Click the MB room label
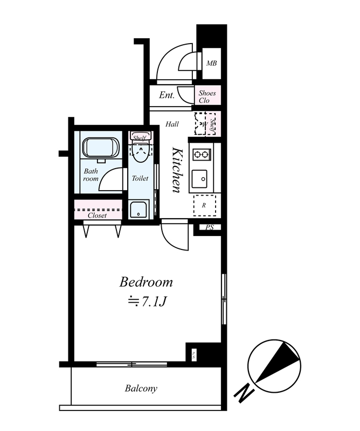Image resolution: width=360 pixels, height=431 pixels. click(211, 63)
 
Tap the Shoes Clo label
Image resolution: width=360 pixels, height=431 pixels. click(207, 97)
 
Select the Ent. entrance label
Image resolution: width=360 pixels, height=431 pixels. click(167, 95)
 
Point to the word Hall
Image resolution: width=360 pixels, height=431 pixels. click(172, 124)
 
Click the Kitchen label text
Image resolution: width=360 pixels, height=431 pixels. click(177, 170)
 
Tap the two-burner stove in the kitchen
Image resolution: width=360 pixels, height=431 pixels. click(202, 155)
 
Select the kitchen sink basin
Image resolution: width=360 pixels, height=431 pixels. click(199, 179)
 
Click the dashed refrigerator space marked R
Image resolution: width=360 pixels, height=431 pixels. click(204, 205)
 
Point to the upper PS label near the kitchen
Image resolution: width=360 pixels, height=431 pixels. click(210, 227)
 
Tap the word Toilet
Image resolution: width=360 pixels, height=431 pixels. click(140, 178)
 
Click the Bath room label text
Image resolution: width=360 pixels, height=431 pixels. click(91, 175)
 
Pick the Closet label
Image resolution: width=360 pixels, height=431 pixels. click(97, 215)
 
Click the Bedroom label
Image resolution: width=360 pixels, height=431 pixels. click(146, 282)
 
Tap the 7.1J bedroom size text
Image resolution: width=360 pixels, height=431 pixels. click(154, 302)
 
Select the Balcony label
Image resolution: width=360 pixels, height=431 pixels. click(141, 388)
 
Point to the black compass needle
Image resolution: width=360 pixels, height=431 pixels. click(278, 362)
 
